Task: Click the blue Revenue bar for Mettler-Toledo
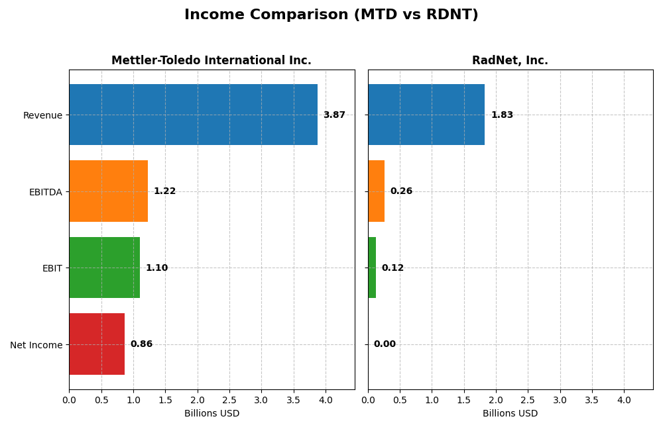pos(193,115)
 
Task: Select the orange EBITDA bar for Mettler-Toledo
pos(108,191)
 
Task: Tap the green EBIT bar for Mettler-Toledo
pos(104,268)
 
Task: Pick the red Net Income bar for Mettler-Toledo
pos(97,344)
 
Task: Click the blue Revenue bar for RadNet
pos(426,115)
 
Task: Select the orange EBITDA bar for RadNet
pos(376,191)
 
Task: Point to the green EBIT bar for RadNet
pos(372,268)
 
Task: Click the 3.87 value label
pos(334,115)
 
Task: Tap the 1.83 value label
pos(502,115)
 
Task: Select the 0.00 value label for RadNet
pos(385,344)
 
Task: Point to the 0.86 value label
pos(141,344)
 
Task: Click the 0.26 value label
pos(401,191)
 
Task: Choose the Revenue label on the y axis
pos(42,115)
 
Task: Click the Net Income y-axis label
pos(36,345)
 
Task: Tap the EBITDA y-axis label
pos(45,192)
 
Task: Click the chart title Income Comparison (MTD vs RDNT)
pos(331,15)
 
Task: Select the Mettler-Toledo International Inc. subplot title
pos(211,60)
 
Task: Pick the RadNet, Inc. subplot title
pos(510,60)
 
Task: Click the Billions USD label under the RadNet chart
pos(510,414)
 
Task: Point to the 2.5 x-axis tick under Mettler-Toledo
pos(229,400)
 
